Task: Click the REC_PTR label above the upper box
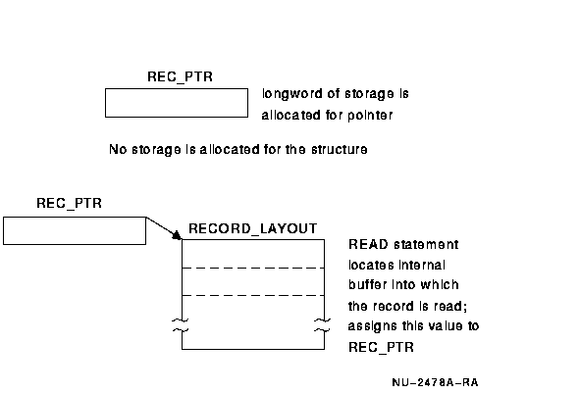[x=180, y=77]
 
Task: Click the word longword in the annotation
[x=292, y=94]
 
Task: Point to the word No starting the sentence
[x=118, y=149]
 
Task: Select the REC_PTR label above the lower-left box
[x=69, y=203]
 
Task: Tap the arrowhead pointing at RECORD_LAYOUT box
[x=177, y=235]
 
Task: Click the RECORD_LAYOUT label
[x=253, y=228]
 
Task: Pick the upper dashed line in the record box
[x=253, y=268]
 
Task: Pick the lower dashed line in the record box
[x=253, y=295]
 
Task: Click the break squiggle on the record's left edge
[x=181, y=325]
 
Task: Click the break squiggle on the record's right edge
[x=322, y=325]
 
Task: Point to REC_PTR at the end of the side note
[x=381, y=347]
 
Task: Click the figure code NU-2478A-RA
[x=435, y=382]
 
